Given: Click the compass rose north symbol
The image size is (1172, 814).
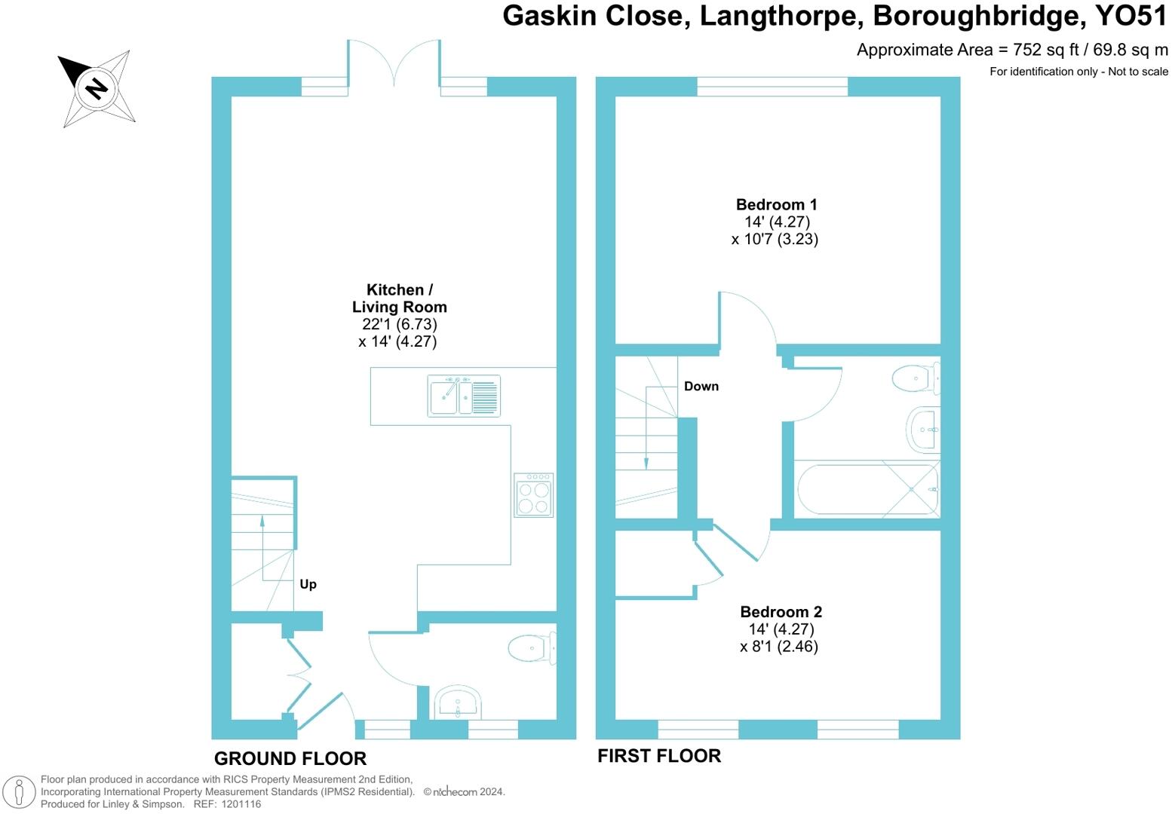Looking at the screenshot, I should tap(97, 88).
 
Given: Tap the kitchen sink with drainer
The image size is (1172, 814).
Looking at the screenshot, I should tap(463, 396).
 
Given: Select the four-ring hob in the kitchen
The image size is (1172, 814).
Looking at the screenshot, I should tap(534, 495).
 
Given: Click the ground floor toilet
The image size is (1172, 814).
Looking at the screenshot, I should tap(531, 647).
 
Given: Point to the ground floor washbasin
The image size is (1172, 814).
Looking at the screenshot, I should tap(458, 702).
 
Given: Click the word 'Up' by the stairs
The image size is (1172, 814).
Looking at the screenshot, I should tap(308, 584).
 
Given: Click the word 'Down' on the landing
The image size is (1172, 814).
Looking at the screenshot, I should tap(701, 386).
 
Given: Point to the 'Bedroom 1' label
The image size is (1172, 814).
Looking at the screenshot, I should tap(776, 204).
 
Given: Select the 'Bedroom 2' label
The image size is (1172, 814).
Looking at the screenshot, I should tap(781, 612).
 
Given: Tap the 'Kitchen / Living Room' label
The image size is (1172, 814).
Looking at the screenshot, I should tap(399, 298).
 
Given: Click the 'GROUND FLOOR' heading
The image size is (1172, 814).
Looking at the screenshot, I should tap(290, 758).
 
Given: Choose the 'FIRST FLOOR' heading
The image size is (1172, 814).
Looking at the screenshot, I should tap(658, 756).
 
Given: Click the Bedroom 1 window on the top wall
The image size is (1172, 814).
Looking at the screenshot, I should tap(772, 87).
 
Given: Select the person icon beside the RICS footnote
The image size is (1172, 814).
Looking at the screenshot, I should tap(20, 792).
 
